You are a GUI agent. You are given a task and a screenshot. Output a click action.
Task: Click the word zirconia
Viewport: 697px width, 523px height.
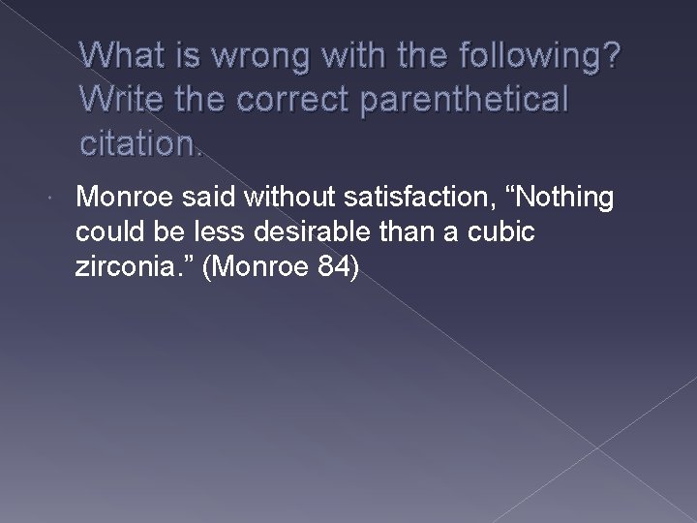(x=122, y=268)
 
